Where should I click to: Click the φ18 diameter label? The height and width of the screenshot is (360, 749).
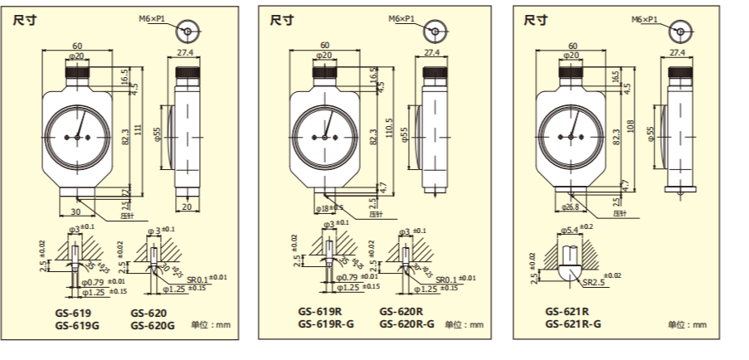[325, 207]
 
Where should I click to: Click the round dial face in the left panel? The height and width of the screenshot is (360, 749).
[76, 135]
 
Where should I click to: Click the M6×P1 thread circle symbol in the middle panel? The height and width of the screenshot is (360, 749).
[432, 32]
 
